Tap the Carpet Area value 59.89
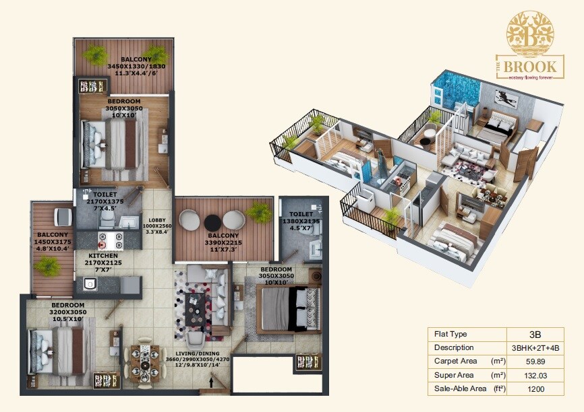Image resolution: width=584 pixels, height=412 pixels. pos(535,362)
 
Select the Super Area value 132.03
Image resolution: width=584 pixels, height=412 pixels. pos(535,375)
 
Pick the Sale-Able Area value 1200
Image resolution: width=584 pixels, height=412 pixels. pos(535,389)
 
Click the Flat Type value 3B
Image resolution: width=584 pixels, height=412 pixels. pos(535,334)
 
